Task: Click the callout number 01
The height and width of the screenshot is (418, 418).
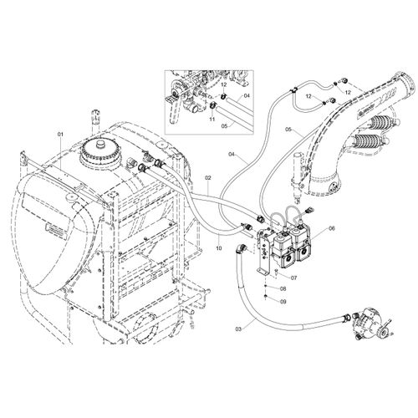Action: coord(60,135)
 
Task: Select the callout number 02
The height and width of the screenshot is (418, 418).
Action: coord(209,177)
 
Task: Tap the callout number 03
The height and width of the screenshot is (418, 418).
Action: coord(238,329)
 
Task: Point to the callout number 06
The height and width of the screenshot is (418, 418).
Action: coord(331,228)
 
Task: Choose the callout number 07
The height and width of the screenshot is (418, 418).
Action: coord(294,278)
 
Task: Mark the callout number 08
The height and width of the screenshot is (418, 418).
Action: coord(283,289)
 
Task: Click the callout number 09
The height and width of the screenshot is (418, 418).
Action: coord(283,302)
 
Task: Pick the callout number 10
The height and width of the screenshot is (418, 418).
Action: coord(219,248)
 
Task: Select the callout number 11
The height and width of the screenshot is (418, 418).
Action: coord(212,119)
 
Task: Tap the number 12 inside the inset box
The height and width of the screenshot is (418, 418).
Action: coord(224,84)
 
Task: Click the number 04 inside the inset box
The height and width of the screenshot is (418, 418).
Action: coord(247,95)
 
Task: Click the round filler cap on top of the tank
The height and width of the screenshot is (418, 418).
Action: coord(101,153)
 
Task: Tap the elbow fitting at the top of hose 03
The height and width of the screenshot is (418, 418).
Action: coord(241,248)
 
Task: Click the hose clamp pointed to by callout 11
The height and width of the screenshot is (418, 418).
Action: coord(213,106)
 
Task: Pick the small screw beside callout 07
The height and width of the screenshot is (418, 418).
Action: coord(276,273)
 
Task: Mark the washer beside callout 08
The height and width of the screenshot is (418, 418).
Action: coord(266,287)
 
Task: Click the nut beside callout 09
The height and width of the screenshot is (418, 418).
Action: coord(266,296)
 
